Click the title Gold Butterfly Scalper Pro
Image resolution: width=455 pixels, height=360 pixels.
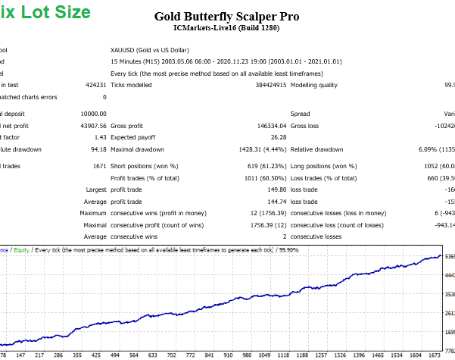pos(227,15)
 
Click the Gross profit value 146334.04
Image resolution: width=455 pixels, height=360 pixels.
pos(270,125)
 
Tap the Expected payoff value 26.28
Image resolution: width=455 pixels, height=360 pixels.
pos(279,137)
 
